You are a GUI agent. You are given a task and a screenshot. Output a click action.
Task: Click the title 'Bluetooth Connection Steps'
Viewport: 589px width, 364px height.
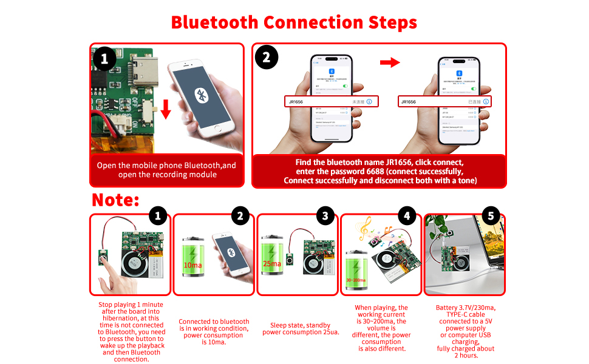click(294, 22)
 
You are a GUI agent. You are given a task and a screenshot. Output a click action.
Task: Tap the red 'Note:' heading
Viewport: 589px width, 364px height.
click(115, 200)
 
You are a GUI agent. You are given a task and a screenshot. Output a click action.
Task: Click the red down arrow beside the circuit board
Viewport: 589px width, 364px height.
click(166, 110)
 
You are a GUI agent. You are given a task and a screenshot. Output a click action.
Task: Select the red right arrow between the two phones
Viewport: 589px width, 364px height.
click(395, 62)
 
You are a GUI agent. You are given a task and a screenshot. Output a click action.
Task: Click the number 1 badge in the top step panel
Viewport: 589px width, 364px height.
click(104, 59)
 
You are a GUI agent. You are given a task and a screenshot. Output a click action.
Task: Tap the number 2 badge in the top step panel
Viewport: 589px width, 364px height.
click(266, 59)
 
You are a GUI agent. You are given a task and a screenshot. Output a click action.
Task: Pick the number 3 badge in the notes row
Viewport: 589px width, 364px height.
click(325, 215)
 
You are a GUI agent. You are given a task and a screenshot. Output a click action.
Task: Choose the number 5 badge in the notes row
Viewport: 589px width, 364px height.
click(491, 215)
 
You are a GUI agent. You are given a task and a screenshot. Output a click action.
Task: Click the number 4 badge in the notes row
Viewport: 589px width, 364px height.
click(407, 215)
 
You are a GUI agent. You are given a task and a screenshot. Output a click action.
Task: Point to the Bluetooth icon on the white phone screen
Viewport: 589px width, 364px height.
click(201, 95)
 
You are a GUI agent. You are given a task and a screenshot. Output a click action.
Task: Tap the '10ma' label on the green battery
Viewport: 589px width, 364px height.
click(193, 265)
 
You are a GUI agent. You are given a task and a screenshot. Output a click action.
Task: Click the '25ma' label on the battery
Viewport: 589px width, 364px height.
click(271, 263)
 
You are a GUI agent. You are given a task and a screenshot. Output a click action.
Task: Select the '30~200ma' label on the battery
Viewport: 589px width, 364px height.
click(356, 280)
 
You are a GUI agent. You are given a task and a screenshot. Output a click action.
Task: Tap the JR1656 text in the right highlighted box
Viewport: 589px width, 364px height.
click(409, 102)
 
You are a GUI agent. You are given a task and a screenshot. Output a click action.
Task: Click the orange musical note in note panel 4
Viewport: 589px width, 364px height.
click(365, 228)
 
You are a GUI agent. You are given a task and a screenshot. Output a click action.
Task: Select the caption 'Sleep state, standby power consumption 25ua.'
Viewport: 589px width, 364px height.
click(297, 329)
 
